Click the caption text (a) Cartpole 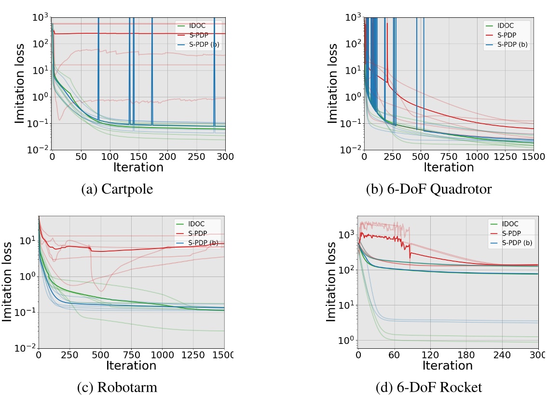(x=117, y=189)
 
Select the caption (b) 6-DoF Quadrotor (x=429, y=189)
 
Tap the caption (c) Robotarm (x=117, y=387)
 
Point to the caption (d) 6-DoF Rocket (x=429, y=387)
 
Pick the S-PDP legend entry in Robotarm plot (x=197, y=234)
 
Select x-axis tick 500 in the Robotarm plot (x=101, y=355)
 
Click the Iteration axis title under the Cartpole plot (x=138, y=167)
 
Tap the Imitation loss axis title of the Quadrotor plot (x=332, y=83)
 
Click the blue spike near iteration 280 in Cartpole (x=214, y=72)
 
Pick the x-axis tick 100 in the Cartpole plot (x=110, y=157)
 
